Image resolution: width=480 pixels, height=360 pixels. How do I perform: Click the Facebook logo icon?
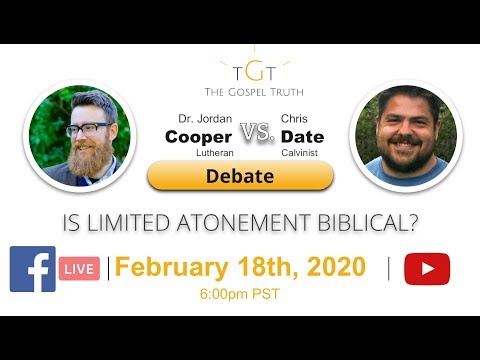(33, 268)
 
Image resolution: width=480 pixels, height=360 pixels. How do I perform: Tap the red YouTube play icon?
(427, 268)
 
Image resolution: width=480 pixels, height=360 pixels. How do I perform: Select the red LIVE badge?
(80, 269)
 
